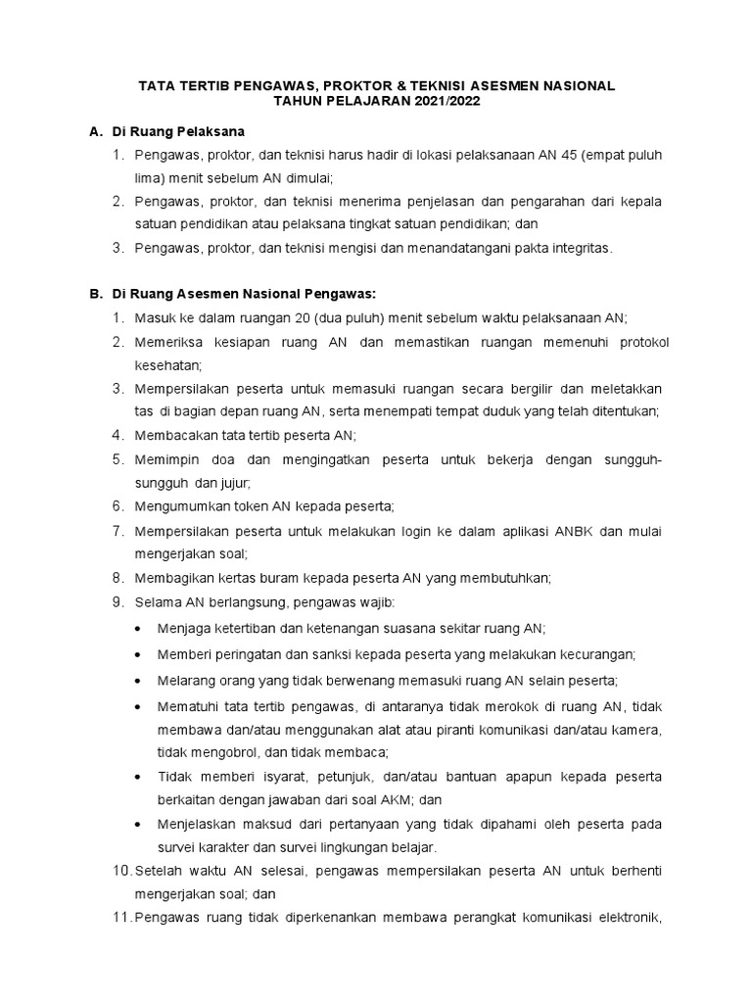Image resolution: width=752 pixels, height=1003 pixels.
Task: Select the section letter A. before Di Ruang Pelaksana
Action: point(96,131)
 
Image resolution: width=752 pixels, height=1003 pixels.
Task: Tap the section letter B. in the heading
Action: point(96,294)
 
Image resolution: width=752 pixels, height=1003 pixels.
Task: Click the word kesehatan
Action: point(168,364)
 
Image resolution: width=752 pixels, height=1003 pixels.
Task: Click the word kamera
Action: point(637,730)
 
